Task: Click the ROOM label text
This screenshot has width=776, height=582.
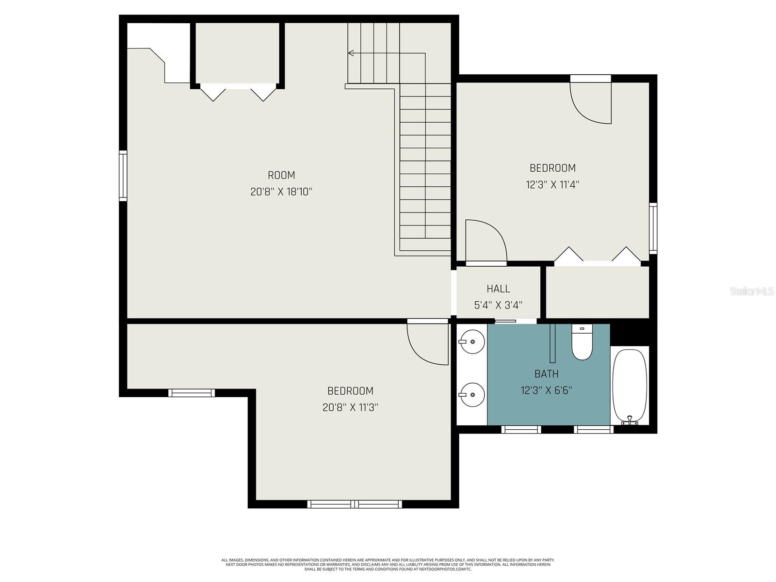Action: click(281, 175)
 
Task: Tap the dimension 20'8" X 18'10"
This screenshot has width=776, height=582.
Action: click(281, 192)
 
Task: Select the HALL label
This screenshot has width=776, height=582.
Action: click(498, 289)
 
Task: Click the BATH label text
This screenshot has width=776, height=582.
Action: click(546, 374)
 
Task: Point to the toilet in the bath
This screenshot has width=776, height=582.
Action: click(582, 343)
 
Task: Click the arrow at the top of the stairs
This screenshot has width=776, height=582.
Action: click(351, 53)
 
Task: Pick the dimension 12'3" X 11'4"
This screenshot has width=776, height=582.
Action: click(552, 185)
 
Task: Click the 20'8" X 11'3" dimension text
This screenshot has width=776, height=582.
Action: click(350, 407)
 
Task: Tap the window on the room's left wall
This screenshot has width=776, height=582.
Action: click(123, 176)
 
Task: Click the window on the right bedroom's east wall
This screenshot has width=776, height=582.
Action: click(653, 228)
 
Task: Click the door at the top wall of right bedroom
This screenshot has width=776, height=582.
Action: click(591, 99)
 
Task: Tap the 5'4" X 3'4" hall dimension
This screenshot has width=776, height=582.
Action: click(498, 305)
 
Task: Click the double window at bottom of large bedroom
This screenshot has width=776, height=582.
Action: click(355, 504)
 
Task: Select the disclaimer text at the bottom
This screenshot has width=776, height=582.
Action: click(388, 565)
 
